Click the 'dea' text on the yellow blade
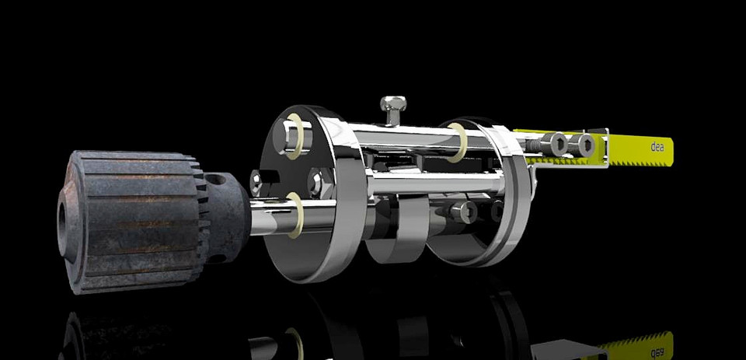(657, 145)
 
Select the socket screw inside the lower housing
(465, 211)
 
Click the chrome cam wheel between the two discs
(396, 237)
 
